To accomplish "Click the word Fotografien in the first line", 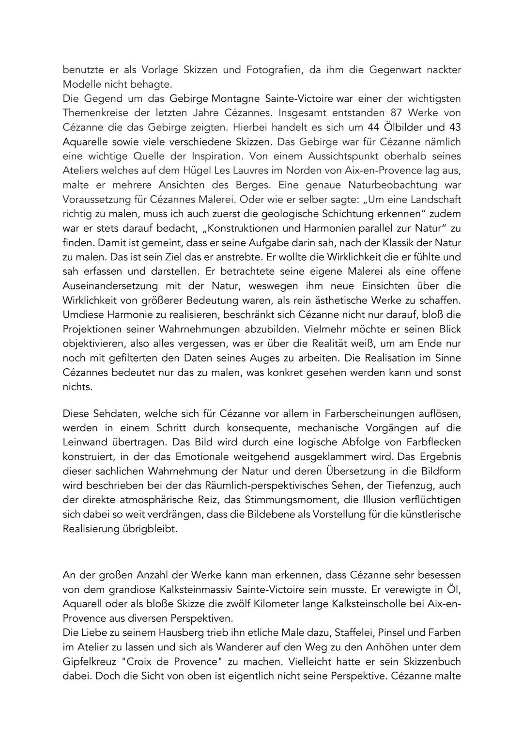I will coord(274,70).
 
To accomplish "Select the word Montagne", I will coord(237,98).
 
